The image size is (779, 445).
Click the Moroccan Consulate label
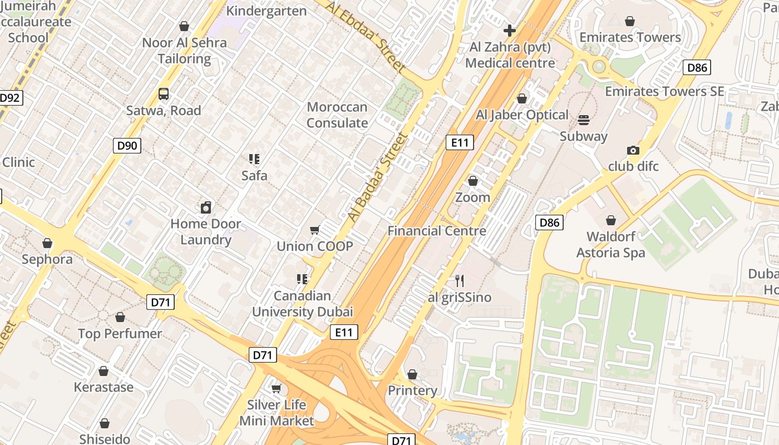coord(337,115)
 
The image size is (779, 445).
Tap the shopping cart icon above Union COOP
coord(315,230)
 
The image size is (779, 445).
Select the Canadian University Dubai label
coord(303,304)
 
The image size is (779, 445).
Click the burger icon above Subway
coord(584,120)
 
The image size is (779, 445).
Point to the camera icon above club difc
coord(633,150)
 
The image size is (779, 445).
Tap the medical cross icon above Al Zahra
coord(509,31)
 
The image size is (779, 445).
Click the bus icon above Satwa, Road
coord(163,94)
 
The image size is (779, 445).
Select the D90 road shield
coord(127,146)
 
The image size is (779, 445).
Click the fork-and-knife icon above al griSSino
coord(460,280)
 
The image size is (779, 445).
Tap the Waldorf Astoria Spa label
coord(611,245)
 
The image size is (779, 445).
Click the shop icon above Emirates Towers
coord(630,21)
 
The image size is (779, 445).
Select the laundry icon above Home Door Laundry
coord(206,207)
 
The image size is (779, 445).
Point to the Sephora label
coord(47,259)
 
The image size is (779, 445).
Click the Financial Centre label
coord(437,231)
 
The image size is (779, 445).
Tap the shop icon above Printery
coord(412,374)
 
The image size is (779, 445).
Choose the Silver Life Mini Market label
coord(277,413)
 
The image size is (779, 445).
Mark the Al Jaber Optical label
coord(522,115)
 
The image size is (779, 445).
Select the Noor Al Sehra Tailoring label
coord(184,51)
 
